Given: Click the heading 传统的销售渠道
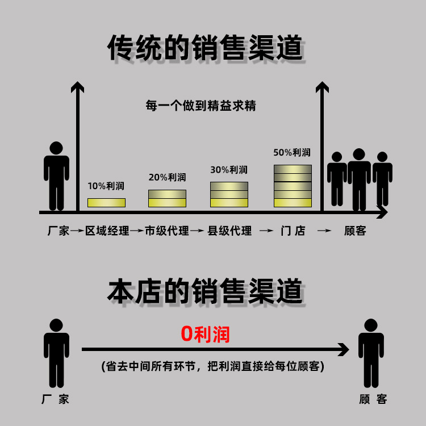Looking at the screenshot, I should coord(205,48).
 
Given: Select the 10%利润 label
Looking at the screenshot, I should coord(106,186).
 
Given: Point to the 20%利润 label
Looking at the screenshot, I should coord(167,177).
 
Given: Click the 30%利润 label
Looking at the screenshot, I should coord(229,170).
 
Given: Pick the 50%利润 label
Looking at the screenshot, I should coord(292,152).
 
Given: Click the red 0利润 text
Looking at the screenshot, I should coord(205,334).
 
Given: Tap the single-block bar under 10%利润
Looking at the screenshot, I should coord(106,202).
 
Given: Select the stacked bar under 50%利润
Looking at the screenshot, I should coord(293,186).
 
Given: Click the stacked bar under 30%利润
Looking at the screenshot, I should coord(229,194).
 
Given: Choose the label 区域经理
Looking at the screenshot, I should coord(107,231).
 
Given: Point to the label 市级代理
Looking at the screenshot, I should coord(167,231).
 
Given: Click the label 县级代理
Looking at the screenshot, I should coord(229,231).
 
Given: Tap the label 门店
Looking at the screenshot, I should coord(293,231).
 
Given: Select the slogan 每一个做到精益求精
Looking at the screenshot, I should coord(201,106).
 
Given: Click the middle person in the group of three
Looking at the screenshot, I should coord(359,178).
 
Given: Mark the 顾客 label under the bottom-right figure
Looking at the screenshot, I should coord(373,399).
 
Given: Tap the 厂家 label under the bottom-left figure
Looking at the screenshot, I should coord(56,399).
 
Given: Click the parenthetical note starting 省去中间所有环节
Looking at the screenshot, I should coord(212,366).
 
